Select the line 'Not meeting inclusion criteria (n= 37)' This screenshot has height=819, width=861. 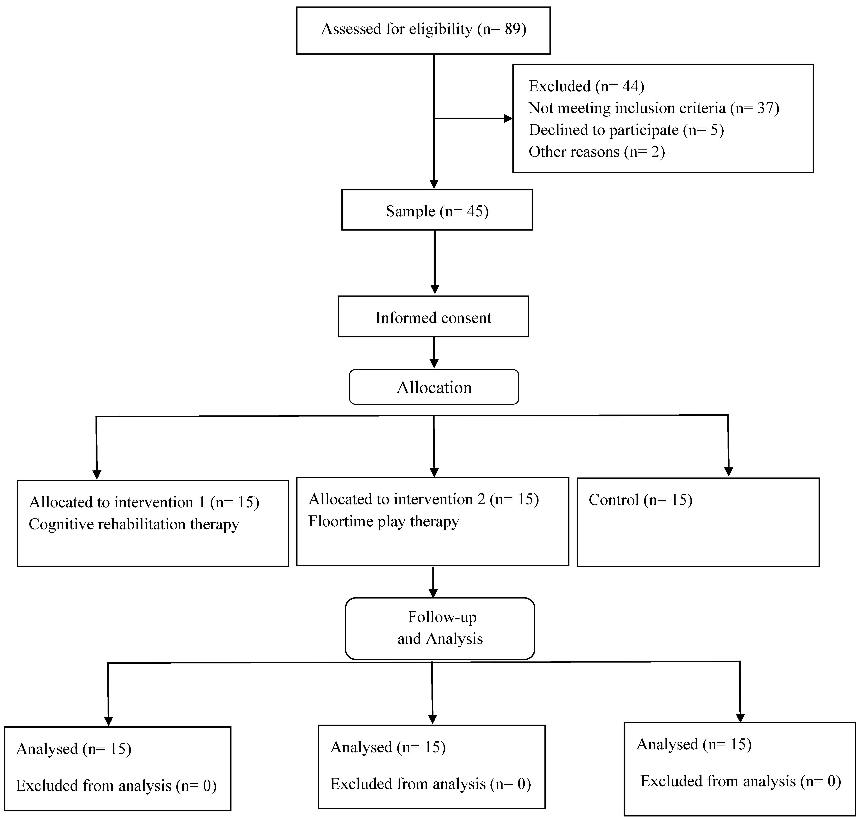[x=654, y=108]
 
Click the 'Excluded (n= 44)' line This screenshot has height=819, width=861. [x=586, y=86]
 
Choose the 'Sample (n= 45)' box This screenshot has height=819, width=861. [x=437, y=210]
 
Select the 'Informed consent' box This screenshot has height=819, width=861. [x=433, y=317]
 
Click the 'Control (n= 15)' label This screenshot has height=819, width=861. [x=640, y=500]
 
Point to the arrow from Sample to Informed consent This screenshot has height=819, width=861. [x=435, y=262]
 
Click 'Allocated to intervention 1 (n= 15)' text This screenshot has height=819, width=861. [x=144, y=502]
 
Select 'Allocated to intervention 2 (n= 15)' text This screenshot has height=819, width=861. [x=424, y=499]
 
